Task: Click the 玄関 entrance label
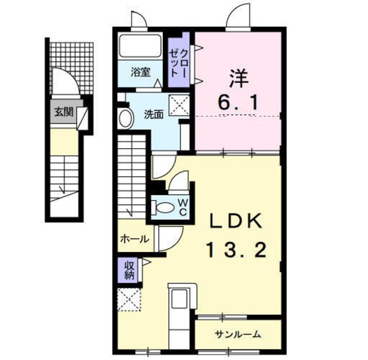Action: (63, 112)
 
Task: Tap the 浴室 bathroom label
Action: (140, 72)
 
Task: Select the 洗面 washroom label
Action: (154, 114)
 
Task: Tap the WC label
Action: (181, 208)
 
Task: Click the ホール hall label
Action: (135, 239)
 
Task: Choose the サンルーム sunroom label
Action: (237, 334)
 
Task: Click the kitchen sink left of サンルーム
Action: (180, 301)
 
